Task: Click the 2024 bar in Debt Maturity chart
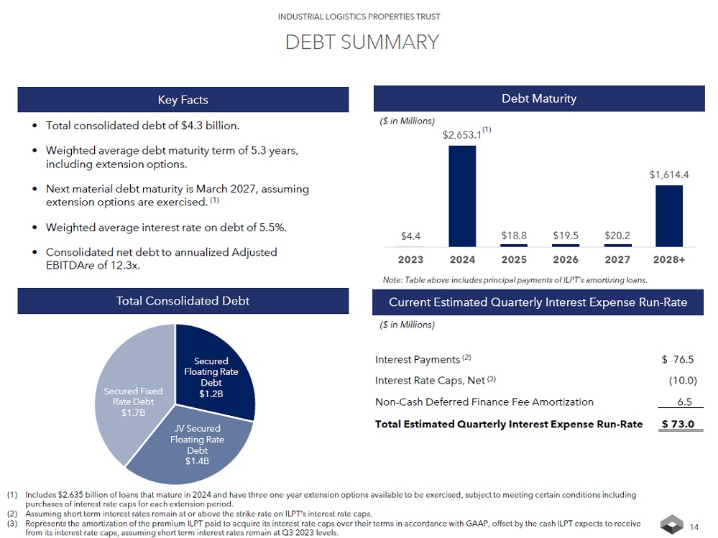462,195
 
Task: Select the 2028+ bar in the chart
669,215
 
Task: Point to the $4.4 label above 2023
410,235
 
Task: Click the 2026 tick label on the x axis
566,259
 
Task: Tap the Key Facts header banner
183,99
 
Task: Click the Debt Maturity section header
538,98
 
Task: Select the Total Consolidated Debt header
183,301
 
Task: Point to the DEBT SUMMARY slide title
362,42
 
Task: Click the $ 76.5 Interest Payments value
678,359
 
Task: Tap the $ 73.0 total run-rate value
678,424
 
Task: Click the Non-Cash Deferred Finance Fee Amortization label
484,402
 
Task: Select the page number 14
694,528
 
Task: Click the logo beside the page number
672,525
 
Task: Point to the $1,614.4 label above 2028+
669,175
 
